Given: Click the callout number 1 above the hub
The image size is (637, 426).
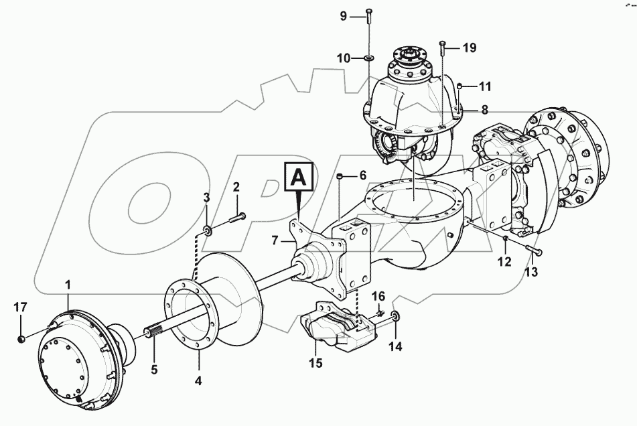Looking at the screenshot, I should click(68, 285).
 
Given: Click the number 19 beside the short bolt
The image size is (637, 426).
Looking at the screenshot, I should click(469, 48).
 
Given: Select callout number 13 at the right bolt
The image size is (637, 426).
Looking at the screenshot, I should click(530, 272).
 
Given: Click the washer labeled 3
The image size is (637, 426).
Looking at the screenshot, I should click(209, 231).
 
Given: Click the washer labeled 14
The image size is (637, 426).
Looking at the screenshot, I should click(395, 316).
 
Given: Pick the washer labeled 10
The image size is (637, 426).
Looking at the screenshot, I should click(369, 59).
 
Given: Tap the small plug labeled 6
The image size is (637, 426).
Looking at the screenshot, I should click(341, 176).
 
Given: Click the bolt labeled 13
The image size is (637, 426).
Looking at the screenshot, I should click(534, 251).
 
